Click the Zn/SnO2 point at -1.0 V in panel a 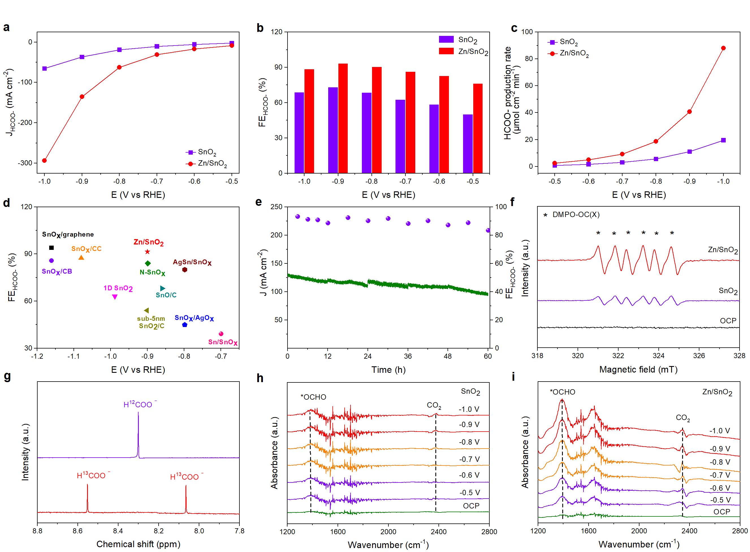44,160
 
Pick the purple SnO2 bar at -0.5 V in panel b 468,144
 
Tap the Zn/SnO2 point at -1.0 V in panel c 723,48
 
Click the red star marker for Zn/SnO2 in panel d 147,252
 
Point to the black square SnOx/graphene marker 51,248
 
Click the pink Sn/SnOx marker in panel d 221,334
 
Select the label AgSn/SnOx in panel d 192,262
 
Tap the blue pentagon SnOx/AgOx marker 185,325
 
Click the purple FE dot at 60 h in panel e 488,230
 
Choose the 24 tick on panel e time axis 368,356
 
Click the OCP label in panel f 728,321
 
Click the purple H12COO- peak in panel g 138,434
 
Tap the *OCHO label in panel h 313,397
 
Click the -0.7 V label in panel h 469,459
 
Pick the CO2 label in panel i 682,418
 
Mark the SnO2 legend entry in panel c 568,42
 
